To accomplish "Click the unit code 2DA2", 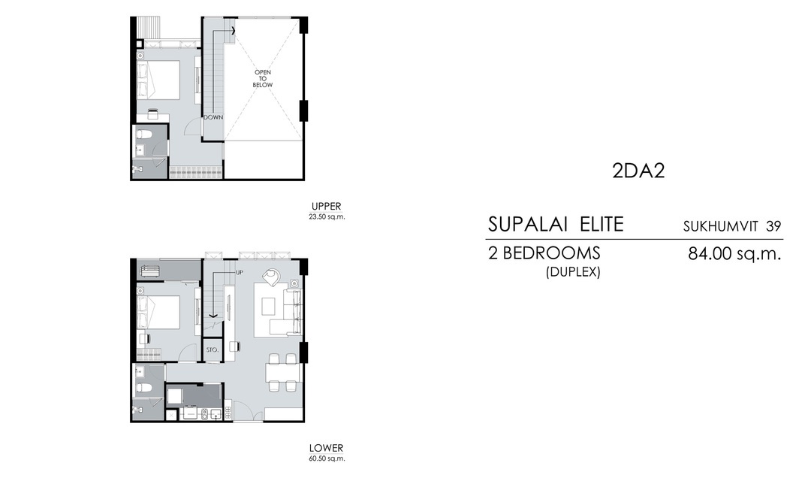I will point(639,171).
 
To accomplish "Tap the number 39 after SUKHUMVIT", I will point(773,225).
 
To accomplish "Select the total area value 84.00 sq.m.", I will point(735,253).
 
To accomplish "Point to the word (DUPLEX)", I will point(573,273).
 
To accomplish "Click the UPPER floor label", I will point(326,206).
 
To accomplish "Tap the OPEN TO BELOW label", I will point(263,78).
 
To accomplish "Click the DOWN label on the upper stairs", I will point(214,117).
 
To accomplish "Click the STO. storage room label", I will point(212,350).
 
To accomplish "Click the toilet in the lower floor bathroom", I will point(145,388).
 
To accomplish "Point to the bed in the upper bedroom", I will point(160,80).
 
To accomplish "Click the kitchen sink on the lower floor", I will point(216,412).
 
